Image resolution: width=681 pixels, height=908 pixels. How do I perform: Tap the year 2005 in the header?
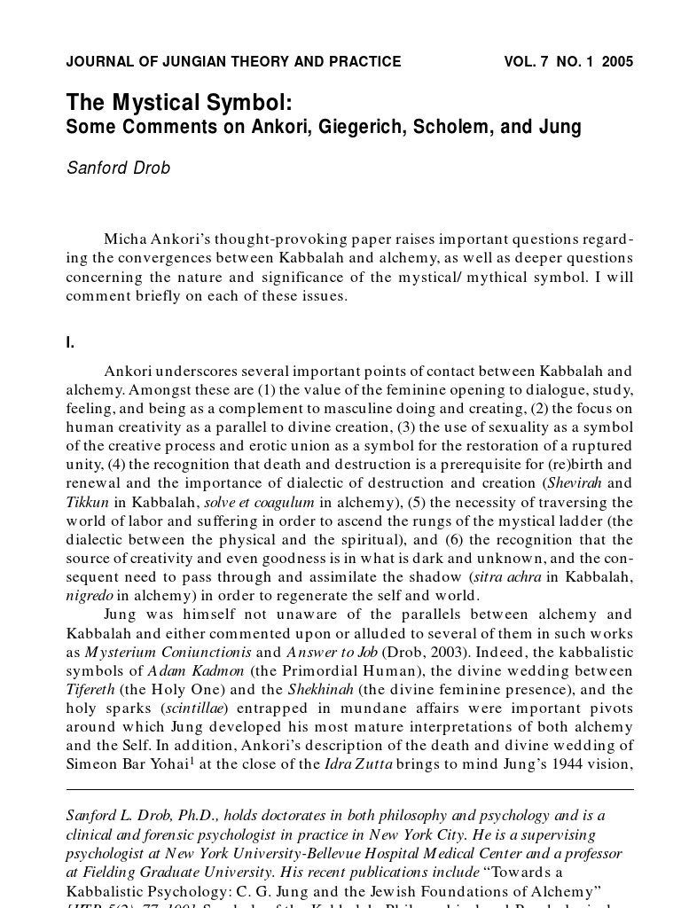[617, 62]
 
